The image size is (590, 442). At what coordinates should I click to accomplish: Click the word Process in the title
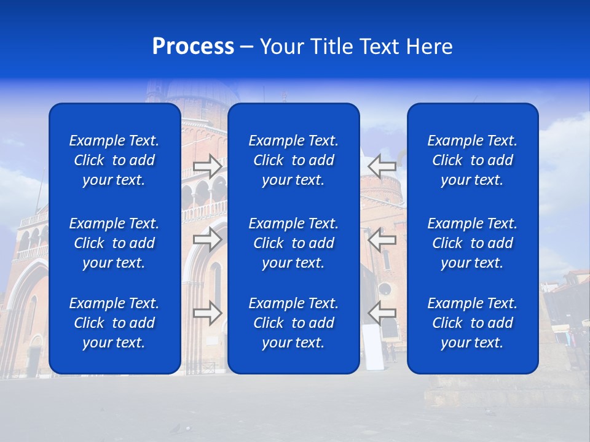[193, 47]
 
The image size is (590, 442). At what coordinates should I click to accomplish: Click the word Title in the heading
[331, 47]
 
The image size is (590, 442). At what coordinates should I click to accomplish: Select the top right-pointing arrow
[208, 166]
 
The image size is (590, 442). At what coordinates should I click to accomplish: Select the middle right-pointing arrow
[208, 239]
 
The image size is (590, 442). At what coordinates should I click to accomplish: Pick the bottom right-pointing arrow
[208, 313]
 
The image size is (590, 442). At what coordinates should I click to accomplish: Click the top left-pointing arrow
[382, 166]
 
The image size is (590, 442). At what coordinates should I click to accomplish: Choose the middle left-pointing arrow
[382, 239]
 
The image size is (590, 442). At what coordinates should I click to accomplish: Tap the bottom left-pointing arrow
[382, 313]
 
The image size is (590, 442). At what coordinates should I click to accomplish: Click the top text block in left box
[114, 160]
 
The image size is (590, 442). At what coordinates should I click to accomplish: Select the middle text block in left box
[114, 243]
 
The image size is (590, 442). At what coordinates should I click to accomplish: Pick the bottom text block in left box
[114, 323]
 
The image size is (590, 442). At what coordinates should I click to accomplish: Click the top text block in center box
[294, 160]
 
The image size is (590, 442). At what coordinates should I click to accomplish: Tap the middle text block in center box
[294, 243]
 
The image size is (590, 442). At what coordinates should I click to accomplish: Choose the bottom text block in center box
[294, 323]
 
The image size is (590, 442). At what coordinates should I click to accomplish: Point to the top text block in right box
[473, 160]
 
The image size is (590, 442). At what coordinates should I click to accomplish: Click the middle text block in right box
[473, 243]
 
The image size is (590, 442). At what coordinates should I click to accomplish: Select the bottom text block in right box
[473, 323]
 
